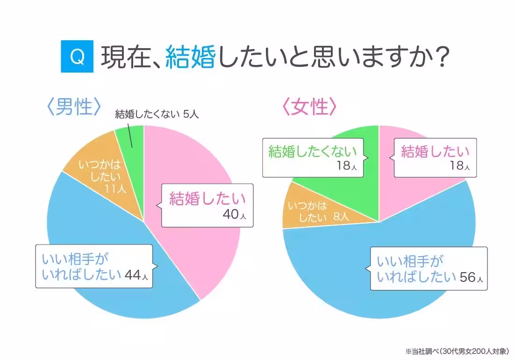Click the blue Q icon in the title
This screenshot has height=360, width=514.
point(77,57)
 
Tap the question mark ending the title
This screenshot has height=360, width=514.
point(440,57)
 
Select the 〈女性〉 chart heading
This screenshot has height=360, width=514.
point(309,107)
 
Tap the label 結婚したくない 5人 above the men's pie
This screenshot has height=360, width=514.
point(157,114)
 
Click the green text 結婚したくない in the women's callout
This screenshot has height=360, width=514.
point(312,151)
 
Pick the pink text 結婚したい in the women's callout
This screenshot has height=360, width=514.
point(435,151)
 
